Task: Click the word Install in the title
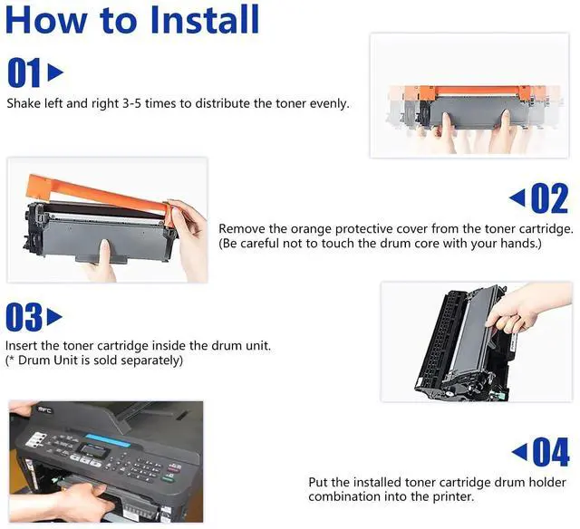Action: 205,20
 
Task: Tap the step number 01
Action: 24,72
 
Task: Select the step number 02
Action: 550,198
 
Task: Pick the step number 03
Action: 24,317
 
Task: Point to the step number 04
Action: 551,452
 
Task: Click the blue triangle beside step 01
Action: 55,72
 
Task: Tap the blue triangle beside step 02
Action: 517,197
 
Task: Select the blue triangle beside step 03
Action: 54,317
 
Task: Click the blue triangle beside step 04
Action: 519,451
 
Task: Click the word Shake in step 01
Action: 24,103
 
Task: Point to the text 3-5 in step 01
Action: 131,103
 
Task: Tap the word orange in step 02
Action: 311,229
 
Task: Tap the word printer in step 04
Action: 453,496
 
